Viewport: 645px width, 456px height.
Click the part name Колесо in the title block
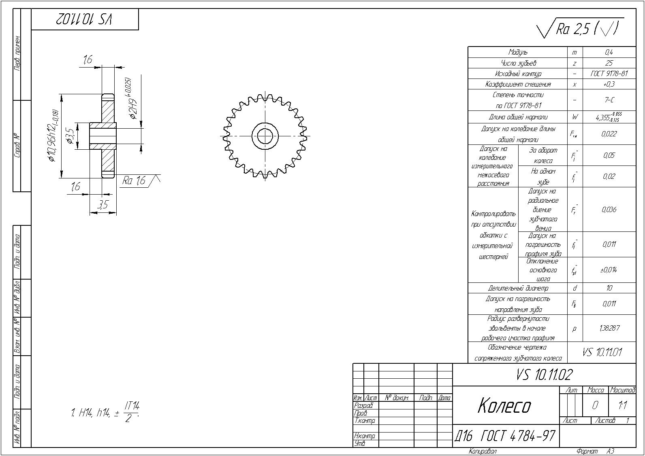coord(504,405)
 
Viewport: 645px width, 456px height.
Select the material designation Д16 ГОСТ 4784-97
coord(505,436)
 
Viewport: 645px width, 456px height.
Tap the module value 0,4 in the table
coord(609,52)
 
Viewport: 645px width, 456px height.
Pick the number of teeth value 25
coord(609,63)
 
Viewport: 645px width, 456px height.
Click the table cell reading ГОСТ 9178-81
coord(609,74)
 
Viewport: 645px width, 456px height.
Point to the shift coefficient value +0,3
coord(609,84)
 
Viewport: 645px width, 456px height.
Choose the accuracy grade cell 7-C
coord(609,100)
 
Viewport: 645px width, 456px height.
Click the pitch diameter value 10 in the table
coord(609,288)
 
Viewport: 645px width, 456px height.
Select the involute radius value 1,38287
coord(609,328)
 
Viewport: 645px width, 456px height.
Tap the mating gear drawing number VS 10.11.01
coord(602,352)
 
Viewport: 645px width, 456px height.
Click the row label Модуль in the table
coord(518,52)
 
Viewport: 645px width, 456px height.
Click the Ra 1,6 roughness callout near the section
coord(134,180)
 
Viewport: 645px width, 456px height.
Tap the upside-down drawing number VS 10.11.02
coord(85,19)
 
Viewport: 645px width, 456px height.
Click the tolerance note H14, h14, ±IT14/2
coord(105,412)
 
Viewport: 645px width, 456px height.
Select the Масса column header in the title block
coord(596,390)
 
